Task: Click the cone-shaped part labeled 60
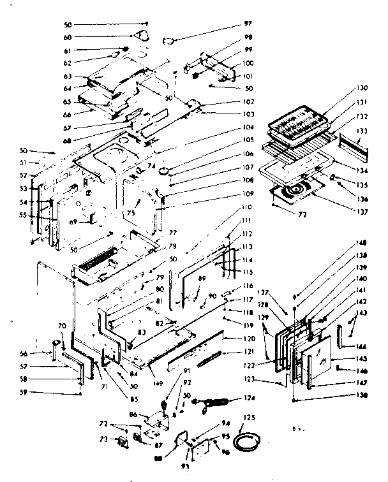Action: [144, 36]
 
